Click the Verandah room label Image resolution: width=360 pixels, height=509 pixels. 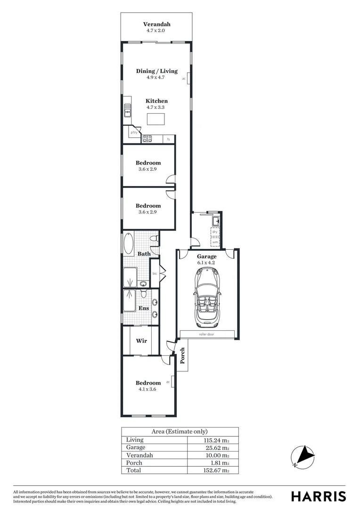click(156, 24)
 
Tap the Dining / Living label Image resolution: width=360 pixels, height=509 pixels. click(156, 71)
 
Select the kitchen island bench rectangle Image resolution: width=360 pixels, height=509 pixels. click(156, 119)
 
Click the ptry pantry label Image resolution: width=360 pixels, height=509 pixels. click(134, 132)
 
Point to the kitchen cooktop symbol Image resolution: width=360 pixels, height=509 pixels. click(147, 139)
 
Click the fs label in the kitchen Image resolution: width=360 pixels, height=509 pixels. click(168, 139)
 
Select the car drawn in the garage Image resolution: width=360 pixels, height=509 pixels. click(207, 298)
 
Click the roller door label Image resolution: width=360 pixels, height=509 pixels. click(207, 334)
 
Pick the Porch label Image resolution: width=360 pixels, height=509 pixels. click(182, 356)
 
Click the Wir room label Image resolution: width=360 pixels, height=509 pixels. click(141, 340)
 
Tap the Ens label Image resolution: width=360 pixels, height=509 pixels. click(144, 308)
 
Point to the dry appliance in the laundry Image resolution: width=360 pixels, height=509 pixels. click(215, 232)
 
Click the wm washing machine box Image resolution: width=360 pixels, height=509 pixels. click(215, 242)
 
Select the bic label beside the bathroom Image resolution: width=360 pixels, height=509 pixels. click(155, 273)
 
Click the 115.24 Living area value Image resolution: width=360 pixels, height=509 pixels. click(216, 440)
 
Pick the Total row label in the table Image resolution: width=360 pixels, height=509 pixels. click(133, 470)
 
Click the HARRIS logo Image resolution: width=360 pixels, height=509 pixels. click(319, 496)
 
